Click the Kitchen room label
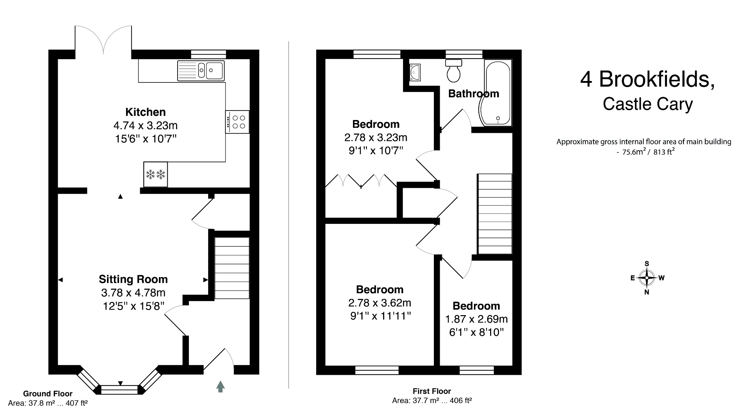[x=146, y=112]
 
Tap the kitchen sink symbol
[x=201, y=70]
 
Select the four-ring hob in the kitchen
[x=238, y=122]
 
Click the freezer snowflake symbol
[x=156, y=174]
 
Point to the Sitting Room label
[x=133, y=279]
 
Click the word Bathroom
[x=474, y=94]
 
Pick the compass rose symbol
[x=647, y=278]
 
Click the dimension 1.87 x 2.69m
[x=476, y=319]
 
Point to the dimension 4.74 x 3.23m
[x=146, y=126]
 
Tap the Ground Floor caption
[x=48, y=394]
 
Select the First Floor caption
[x=432, y=391]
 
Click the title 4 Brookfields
[x=647, y=79]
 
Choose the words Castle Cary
[x=647, y=104]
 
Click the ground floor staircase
[x=232, y=268]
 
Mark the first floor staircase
[x=494, y=214]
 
